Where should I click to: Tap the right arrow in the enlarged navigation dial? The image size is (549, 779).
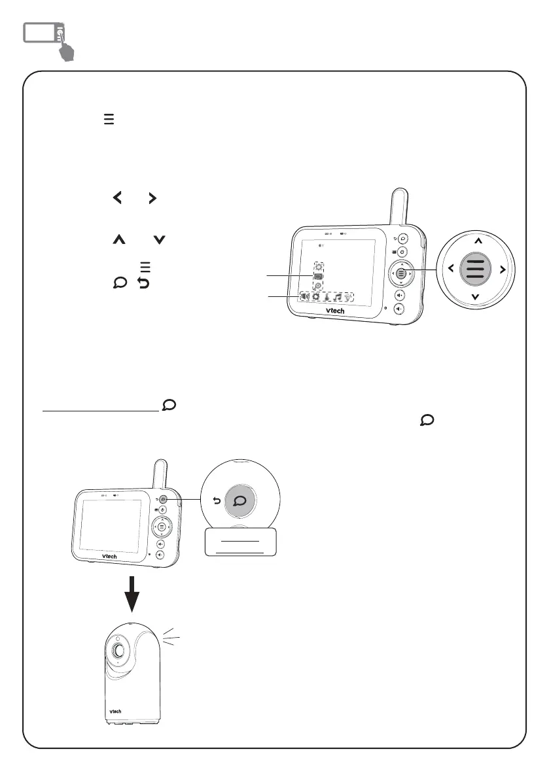[x=503, y=268]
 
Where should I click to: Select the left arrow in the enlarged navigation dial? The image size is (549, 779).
[x=452, y=268]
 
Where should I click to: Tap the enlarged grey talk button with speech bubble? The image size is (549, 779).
[x=239, y=501]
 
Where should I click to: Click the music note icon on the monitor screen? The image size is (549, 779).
[x=338, y=296]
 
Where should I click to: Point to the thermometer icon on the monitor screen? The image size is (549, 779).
[x=327, y=296]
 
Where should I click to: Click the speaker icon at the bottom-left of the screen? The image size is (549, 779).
[x=304, y=296]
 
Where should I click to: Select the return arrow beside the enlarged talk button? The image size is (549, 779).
[x=217, y=502]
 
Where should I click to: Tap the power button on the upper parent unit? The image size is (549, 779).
[x=402, y=252]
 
